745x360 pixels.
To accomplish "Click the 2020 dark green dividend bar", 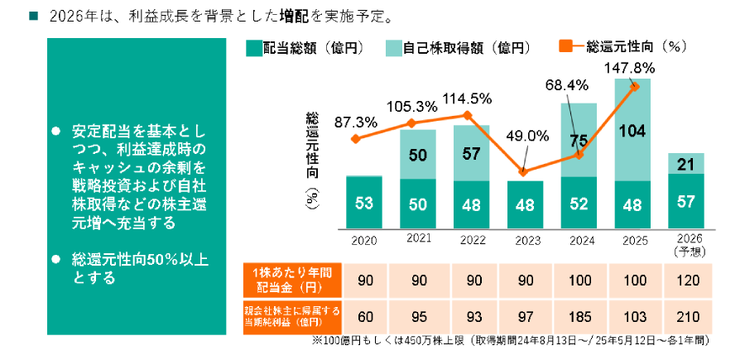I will (363, 203).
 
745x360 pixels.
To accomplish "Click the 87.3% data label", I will (356, 122).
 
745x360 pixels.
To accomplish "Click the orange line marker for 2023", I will (523, 172).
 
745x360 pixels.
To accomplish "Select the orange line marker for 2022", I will (469, 115).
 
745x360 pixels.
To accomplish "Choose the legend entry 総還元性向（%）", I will (627, 47).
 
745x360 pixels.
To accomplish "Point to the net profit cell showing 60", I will (363, 316).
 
